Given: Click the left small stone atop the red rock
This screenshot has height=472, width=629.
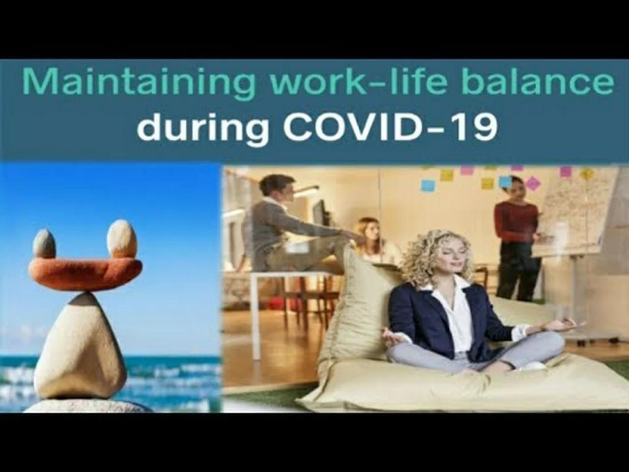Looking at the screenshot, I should [44, 243].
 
